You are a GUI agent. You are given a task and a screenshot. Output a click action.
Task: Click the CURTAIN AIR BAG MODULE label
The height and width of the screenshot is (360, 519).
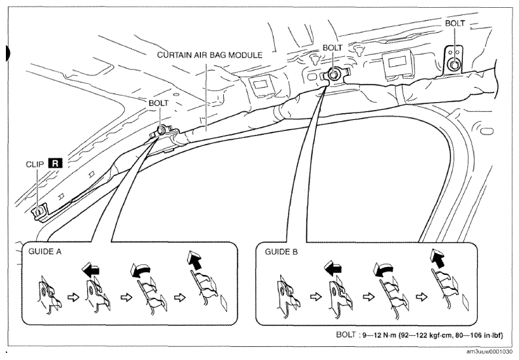(x=210, y=54)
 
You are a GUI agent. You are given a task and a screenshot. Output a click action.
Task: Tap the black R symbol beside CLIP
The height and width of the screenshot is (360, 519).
(x=55, y=164)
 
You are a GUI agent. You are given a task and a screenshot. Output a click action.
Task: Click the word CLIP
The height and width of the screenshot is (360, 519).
(x=35, y=164)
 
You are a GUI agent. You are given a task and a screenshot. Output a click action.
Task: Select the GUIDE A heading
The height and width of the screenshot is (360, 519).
(x=45, y=251)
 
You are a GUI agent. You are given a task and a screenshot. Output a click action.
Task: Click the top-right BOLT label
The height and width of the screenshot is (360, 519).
(x=455, y=23)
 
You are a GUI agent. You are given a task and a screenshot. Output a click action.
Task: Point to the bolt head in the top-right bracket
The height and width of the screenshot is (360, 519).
(x=454, y=65)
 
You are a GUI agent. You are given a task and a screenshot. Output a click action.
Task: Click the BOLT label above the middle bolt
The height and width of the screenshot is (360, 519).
(x=332, y=48)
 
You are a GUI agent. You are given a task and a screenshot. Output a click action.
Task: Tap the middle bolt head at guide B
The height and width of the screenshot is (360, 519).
(x=332, y=75)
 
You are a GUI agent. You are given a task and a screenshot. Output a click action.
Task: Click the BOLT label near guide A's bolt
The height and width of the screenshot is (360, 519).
(x=158, y=103)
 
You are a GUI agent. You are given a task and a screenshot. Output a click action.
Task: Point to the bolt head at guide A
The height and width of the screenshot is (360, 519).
(x=162, y=130)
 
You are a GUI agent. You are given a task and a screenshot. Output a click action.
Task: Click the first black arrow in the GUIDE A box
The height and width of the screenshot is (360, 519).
(x=91, y=268)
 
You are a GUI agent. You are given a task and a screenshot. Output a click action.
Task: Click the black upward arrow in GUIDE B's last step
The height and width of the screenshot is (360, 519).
(x=438, y=258)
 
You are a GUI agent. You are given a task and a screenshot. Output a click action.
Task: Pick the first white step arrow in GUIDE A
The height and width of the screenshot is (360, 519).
(x=73, y=297)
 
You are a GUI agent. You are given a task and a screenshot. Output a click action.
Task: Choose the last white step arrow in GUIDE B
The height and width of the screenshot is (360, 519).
(x=421, y=297)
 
